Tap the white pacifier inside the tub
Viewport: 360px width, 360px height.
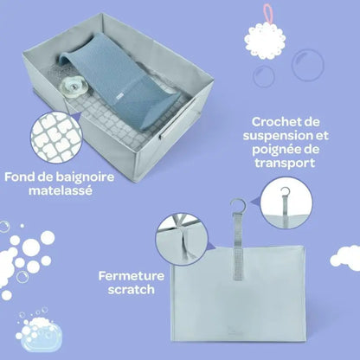(71, 86)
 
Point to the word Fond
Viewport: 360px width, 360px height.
(20, 177)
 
